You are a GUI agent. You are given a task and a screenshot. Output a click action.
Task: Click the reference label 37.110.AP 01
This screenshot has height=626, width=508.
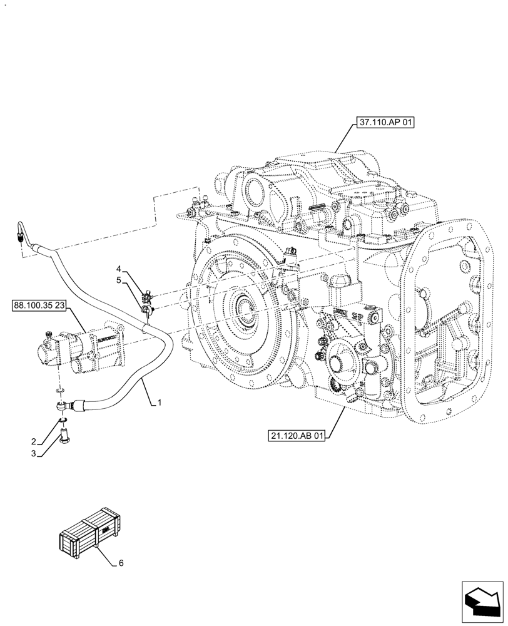click(x=385, y=123)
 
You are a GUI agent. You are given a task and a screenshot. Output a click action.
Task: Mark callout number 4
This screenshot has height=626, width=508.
click(x=118, y=269)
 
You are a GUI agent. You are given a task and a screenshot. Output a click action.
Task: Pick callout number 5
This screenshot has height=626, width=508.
click(x=118, y=280)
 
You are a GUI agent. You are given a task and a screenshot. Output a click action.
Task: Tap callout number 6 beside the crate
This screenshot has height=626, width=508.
click(x=121, y=563)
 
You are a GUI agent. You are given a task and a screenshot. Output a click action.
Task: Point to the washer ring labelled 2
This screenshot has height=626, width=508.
click(x=64, y=419)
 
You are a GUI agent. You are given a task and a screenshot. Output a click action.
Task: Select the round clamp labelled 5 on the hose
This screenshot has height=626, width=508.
click(x=146, y=309)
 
